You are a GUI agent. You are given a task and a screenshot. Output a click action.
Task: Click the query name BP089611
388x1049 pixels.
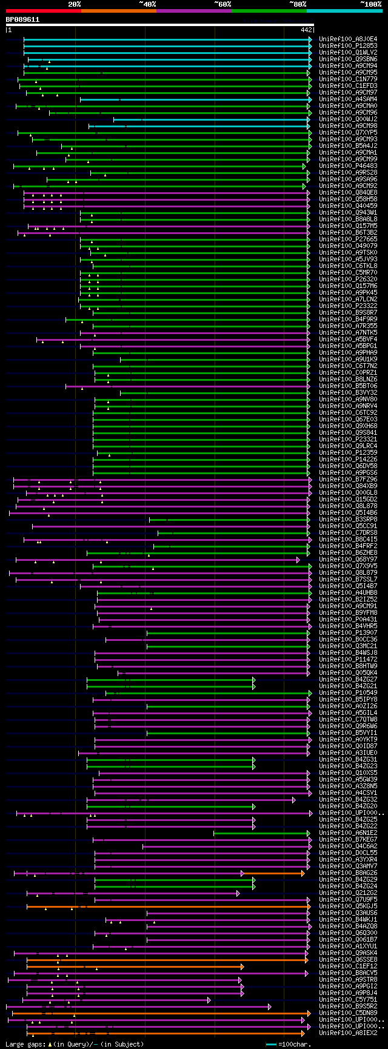coord(22,19)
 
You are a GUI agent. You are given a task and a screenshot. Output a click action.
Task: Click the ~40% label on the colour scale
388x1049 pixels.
coord(147,4)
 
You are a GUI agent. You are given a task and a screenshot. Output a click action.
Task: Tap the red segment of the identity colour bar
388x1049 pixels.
coord(43,11)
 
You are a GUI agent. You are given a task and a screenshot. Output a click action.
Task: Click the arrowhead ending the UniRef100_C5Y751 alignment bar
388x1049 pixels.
coord(209,999)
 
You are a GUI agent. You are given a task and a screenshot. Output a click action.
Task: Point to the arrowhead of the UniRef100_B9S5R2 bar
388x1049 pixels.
coord(270,1006)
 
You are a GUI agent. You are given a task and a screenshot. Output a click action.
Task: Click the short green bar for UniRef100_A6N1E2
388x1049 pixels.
coord(261,833)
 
